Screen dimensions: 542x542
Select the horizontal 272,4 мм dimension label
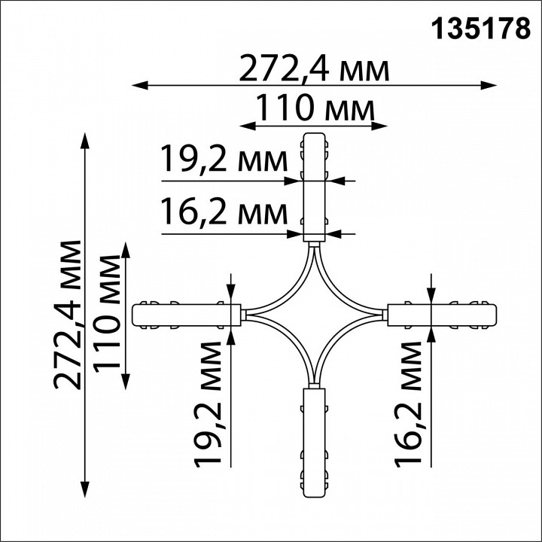[x=314, y=71]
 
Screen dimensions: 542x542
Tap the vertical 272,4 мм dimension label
[x=69, y=314]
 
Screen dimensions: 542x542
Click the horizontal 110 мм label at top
[x=314, y=110]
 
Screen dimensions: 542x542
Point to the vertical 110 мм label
[x=108, y=314]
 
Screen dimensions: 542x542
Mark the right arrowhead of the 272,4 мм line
[x=493, y=86]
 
